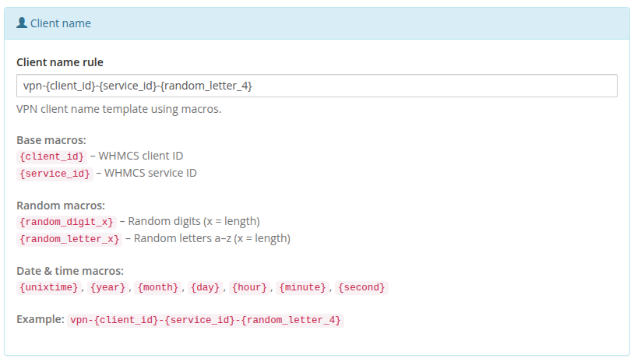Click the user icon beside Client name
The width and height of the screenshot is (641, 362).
pos(22,23)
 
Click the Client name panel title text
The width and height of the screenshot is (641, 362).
pos(61,23)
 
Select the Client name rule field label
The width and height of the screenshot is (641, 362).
pos(60,62)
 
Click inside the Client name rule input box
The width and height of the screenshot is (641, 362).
pos(317,86)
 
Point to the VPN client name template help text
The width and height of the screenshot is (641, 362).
pos(118,109)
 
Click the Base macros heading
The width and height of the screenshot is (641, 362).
pos(51,140)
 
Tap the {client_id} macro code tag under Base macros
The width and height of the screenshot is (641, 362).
pos(51,156)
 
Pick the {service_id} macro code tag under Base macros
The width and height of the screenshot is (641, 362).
pos(55,174)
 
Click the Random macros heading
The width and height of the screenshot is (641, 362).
pos(61,206)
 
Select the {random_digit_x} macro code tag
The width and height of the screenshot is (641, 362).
pos(66,222)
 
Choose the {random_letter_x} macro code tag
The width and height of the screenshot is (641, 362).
pos(69,239)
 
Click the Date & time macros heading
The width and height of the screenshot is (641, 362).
pos(70,271)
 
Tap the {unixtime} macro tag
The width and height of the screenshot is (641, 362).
pos(48,287)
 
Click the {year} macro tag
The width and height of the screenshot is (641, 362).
pos(107,287)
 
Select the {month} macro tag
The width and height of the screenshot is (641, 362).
pos(158,287)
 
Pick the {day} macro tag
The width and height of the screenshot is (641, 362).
pos(205,287)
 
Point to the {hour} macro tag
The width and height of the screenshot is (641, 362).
pos(249,287)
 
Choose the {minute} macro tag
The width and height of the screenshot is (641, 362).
pos(302,287)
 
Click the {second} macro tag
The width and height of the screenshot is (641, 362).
pos(361,287)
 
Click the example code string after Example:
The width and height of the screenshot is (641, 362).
pos(205,320)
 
